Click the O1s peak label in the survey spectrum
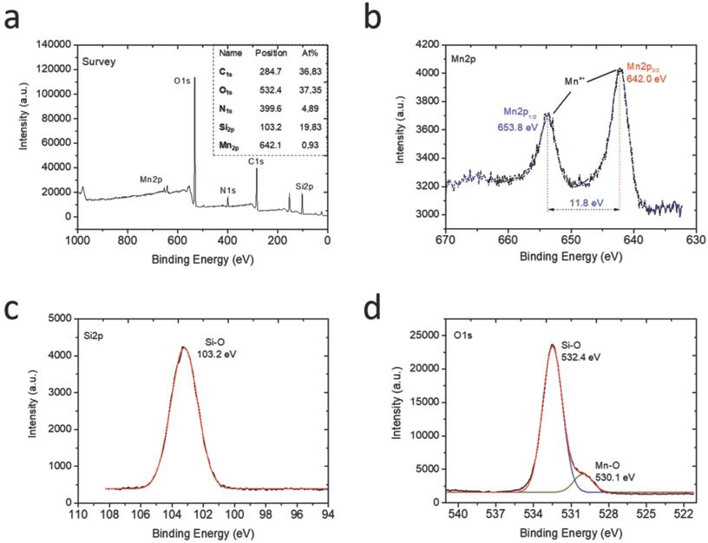coord(183,82)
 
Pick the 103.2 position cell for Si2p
coord(267,129)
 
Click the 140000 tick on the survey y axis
coord(53,43)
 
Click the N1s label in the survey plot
coord(227,190)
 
